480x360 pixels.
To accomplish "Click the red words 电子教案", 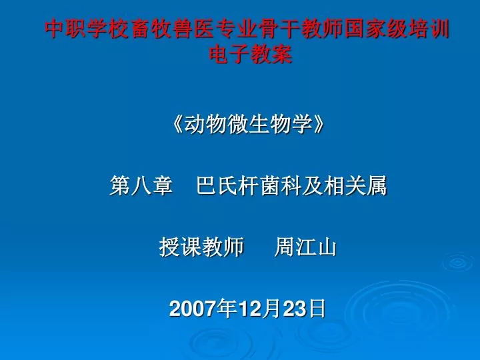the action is point(251,55).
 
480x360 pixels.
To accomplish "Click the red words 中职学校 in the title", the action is point(87,29).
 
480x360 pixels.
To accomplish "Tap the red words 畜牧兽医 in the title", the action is point(173,29).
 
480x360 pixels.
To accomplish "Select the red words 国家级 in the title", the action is point(375,29).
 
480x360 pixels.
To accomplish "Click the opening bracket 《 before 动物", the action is point(177,124).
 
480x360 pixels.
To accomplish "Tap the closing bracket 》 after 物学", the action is point(318,124).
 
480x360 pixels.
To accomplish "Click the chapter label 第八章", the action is point(141,185).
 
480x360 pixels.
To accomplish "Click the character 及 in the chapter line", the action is point(313,185).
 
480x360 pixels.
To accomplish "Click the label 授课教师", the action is point(201,247).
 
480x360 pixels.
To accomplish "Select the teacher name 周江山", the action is point(305,247).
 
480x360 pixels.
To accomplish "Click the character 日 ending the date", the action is point(317,308).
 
